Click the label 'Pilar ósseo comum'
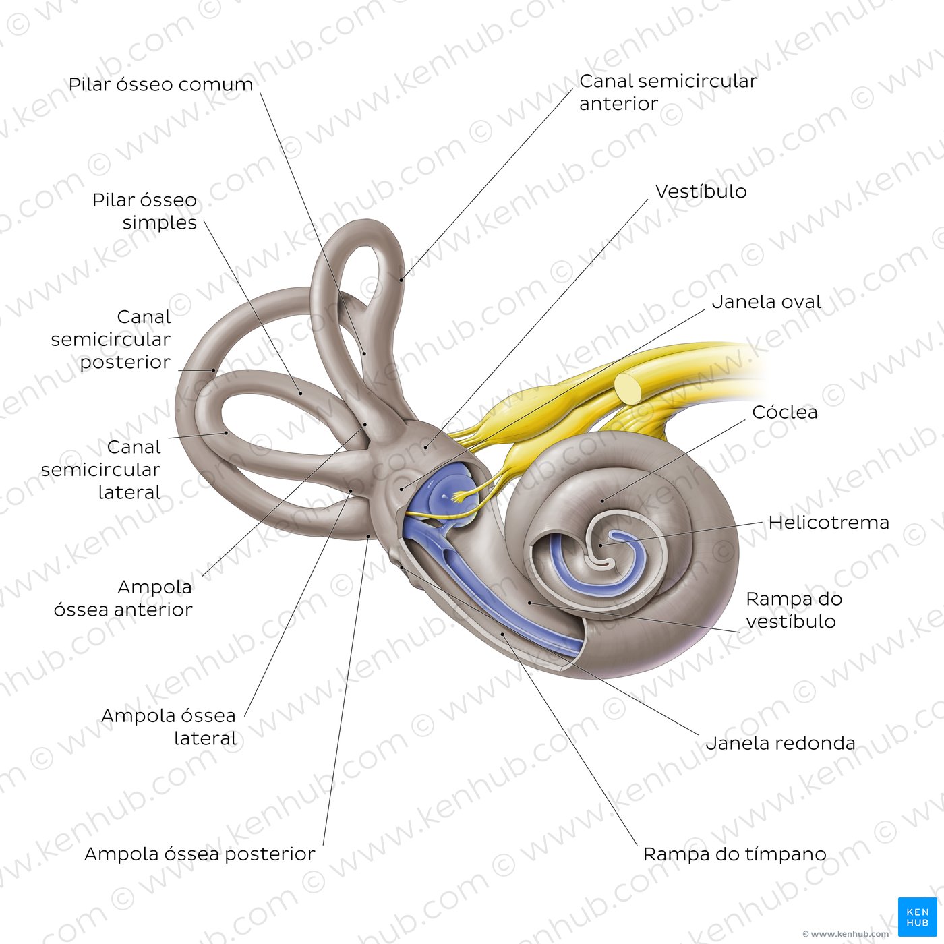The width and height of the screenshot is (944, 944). pos(160,84)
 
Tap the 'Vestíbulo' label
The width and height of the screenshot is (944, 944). pos(701,191)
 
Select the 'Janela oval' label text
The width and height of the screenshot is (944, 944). pos(766,302)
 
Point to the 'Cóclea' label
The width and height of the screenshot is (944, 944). pos(785,412)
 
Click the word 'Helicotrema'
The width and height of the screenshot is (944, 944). pos(829,522)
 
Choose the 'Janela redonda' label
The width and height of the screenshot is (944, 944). pos(780,743)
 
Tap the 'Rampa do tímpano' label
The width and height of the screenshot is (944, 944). pos(735,854)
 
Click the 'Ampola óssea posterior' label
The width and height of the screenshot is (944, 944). pos(200,854)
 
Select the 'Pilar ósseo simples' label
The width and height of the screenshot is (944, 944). pos(144,211)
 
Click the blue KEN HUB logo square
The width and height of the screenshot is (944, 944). pos(917,917)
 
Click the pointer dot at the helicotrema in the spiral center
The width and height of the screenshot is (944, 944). pos(601,545)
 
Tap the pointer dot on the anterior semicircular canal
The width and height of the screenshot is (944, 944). pos(401,280)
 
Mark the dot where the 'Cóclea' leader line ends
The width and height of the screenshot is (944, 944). pos(603,500)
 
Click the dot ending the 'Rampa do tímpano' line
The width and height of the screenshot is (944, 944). pos(502,635)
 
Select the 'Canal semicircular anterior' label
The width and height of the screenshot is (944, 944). pos(668,92)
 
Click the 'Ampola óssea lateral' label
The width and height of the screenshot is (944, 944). pos(169,727)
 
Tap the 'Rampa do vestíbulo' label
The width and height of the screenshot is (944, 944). pos(794,610)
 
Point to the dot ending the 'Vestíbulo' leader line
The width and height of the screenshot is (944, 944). pos(426,447)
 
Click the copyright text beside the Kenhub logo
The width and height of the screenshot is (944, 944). pos(846,934)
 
